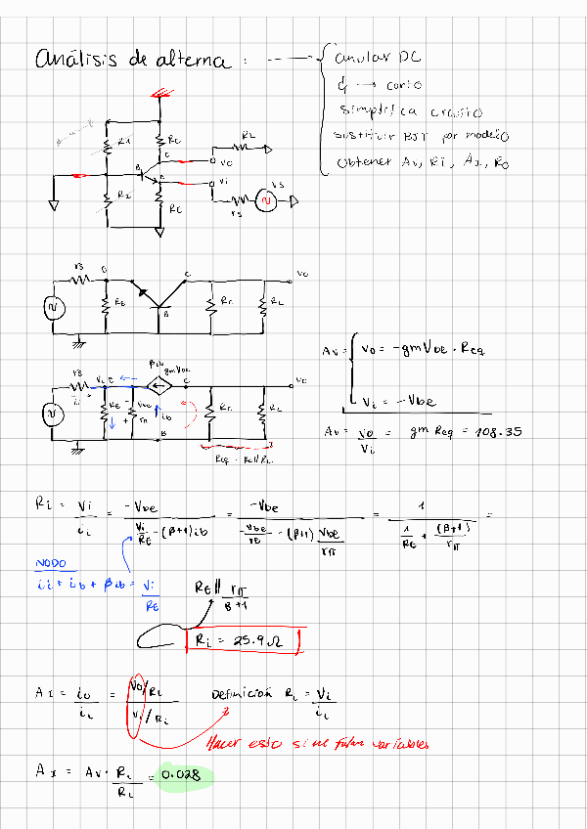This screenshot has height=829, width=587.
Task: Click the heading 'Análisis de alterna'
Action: point(133,60)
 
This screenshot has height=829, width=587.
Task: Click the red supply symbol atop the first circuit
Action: point(159,96)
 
